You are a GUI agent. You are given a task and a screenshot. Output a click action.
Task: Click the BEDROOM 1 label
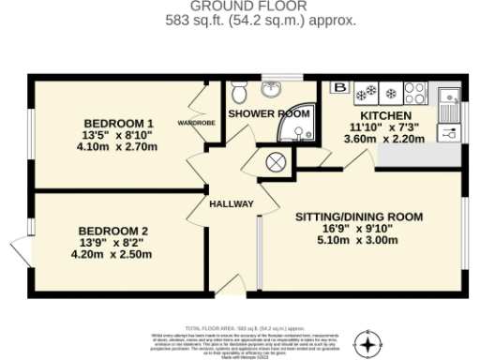click(x=118, y=124)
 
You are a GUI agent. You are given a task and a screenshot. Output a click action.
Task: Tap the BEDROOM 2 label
click(x=112, y=231)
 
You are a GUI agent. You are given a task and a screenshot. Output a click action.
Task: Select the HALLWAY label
click(x=231, y=203)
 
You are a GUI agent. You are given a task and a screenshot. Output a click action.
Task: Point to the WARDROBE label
click(x=197, y=123)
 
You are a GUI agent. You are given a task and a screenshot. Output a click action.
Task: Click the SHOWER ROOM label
click(x=269, y=113)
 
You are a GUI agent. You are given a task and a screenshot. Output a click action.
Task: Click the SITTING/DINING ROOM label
click(x=359, y=217)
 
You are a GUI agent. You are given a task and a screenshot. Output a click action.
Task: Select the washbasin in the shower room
click(x=274, y=90)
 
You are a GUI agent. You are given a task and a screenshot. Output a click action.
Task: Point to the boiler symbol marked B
click(x=338, y=89)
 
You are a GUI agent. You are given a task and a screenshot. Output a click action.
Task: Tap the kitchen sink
click(x=448, y=95)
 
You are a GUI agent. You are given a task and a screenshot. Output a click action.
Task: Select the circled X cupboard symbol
click(x=277, y=161)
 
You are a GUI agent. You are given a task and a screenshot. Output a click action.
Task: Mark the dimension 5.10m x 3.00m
click(x=359, y=239)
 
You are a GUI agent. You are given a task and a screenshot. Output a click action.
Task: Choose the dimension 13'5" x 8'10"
click(x=118, y=135)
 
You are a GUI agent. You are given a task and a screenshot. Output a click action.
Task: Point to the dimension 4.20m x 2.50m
click(x=112, y=253)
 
